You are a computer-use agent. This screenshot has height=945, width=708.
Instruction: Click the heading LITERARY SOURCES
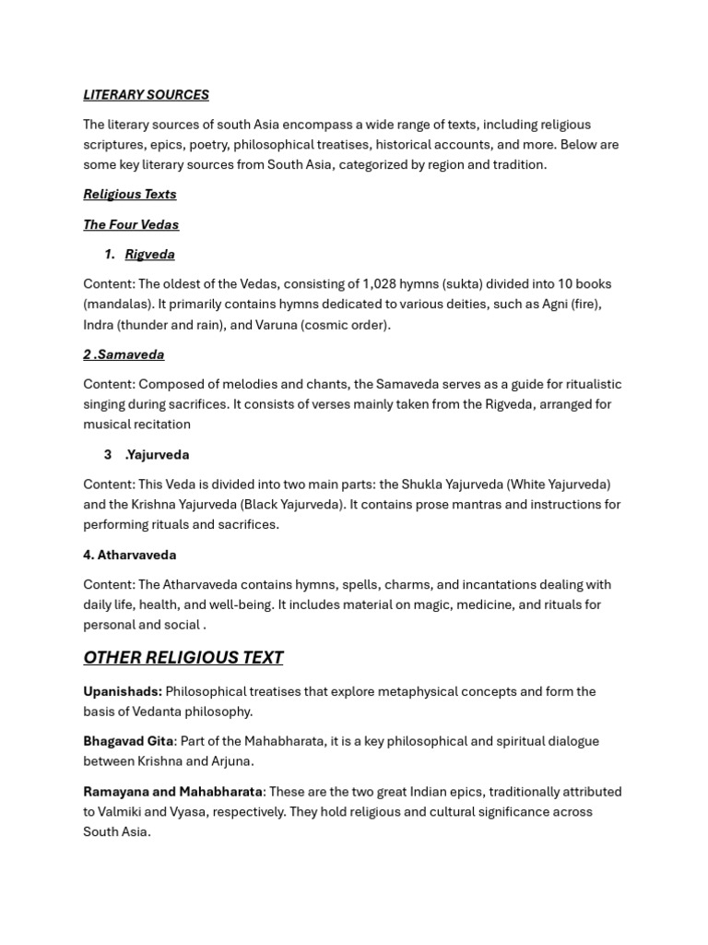(x=146, y=95)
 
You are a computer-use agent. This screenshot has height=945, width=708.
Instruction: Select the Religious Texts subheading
(x=130, y=195)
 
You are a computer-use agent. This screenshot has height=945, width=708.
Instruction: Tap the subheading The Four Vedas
(x=131, y=225)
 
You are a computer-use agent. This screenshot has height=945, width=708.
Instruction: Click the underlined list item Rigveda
(x=149, y=255)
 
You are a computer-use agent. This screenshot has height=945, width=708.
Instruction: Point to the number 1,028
(x=380, y=284)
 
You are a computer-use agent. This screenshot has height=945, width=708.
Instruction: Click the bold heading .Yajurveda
(x=157, y=455)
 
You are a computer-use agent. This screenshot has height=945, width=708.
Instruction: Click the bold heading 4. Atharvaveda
(x=129, y=556)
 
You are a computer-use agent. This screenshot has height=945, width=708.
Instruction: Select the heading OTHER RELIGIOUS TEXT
(x=183, y=658)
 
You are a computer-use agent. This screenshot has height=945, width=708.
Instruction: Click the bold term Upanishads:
(x=123, y=692)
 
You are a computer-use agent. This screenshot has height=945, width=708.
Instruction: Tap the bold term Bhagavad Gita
(x=128, y=742)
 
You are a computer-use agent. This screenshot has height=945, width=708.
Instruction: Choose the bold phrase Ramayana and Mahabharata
(x=172, y=793)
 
